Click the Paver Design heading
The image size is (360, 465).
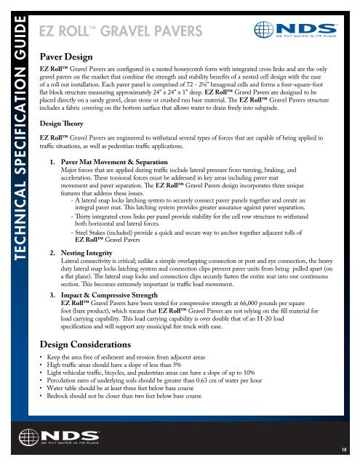(70, 55)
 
